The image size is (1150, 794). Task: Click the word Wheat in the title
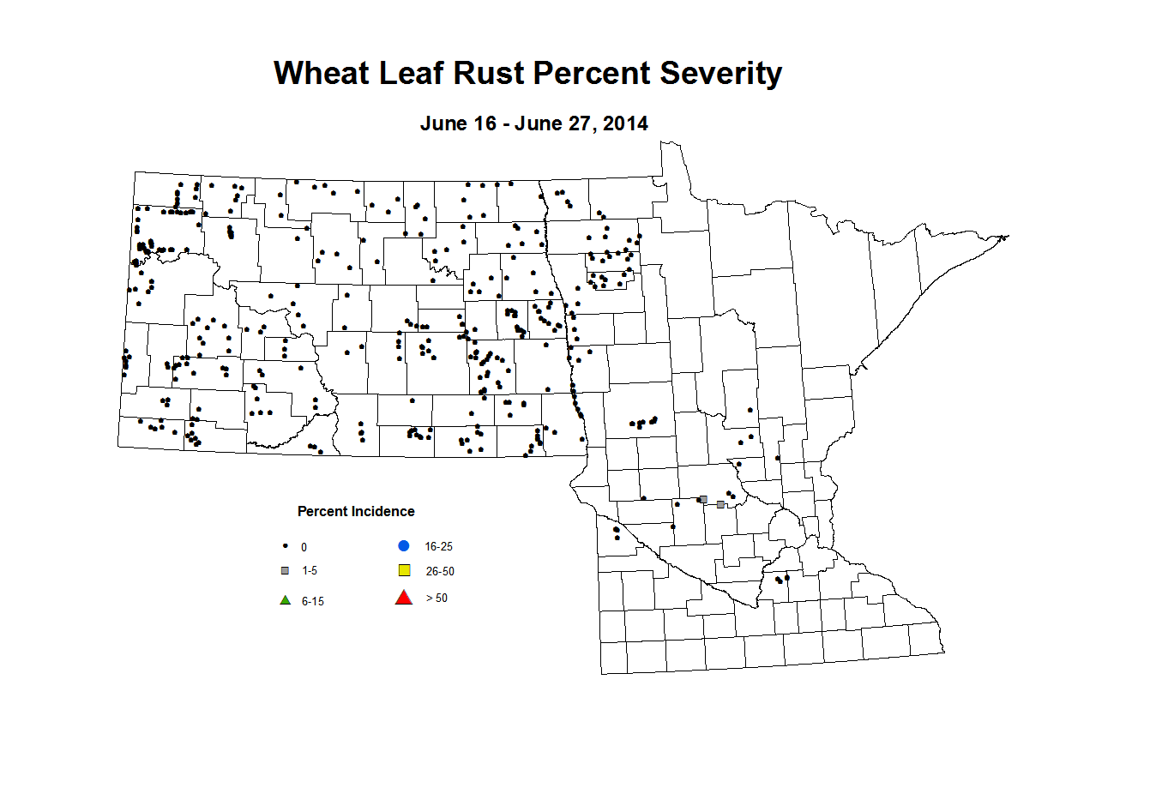(322, 74)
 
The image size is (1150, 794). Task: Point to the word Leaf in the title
(412, 74)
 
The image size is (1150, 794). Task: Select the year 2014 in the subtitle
(625, 123)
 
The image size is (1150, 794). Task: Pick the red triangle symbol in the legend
(403, 598)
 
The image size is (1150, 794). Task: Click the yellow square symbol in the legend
(404, 571)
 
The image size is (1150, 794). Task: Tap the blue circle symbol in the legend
(404, 546)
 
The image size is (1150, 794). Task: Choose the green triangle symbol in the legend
(286, 600)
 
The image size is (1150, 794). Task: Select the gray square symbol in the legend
(286, 571)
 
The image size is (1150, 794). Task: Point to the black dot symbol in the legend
(286, 546)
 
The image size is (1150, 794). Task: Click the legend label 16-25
(438, 547)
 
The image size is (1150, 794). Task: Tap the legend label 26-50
(439, 572)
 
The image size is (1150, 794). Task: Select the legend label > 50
(437, 599)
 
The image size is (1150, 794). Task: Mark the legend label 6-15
(312, 602)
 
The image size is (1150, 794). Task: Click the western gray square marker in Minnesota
(703, 499)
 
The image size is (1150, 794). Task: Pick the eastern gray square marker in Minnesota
(720, 505)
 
